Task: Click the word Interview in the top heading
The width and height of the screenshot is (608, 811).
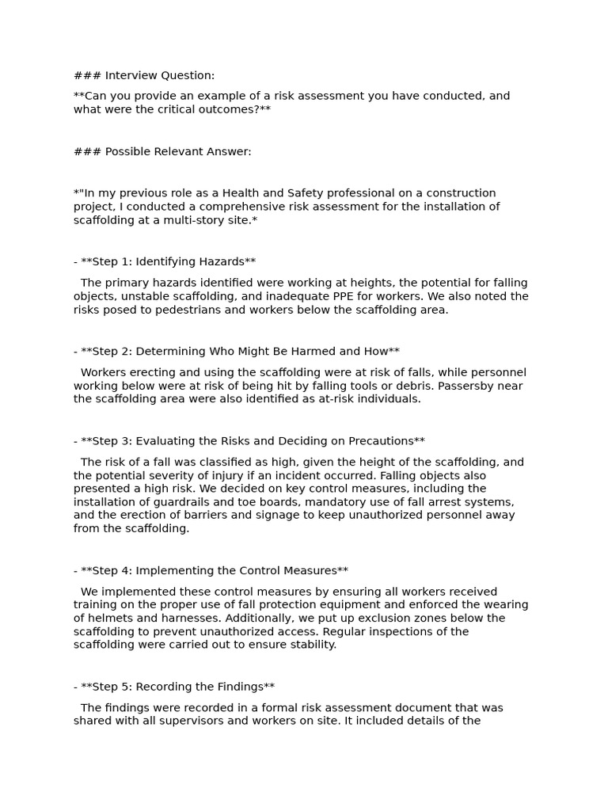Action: (131, 75)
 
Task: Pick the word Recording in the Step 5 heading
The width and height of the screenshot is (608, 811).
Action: (168, 687)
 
